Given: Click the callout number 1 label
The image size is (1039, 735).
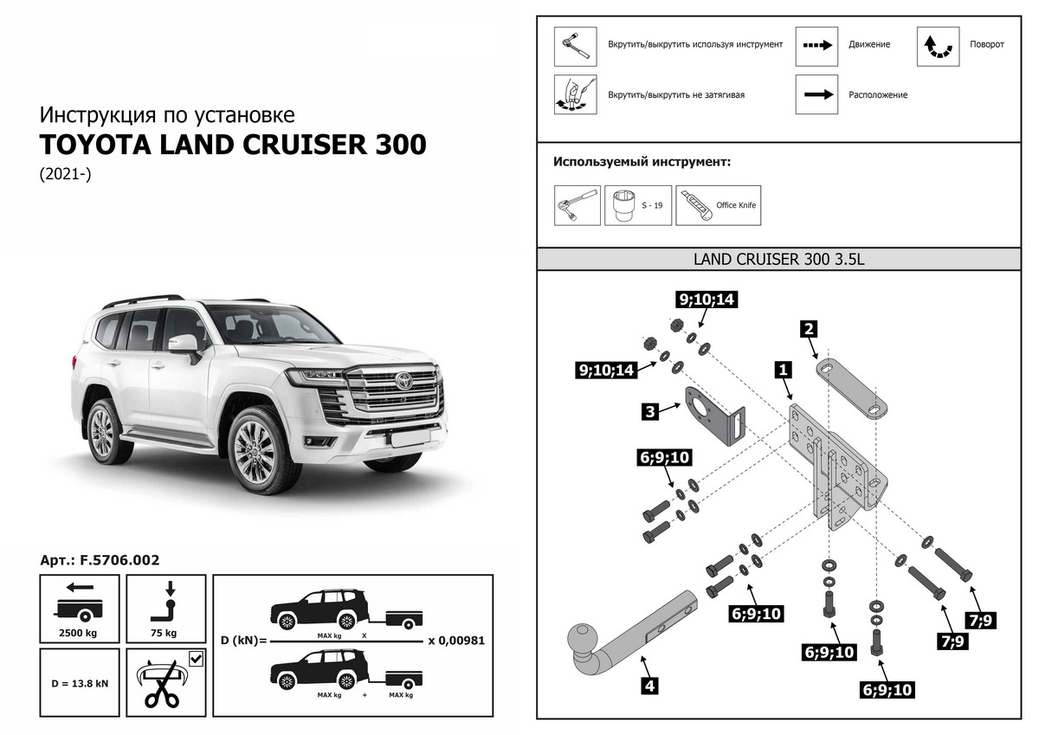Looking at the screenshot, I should [x=783, y=370].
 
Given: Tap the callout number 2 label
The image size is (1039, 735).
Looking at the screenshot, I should [x=808, y=328].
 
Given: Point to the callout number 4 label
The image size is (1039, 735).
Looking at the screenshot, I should [x=649, y=687].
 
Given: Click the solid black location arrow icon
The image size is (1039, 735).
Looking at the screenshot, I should [x=816, y=94].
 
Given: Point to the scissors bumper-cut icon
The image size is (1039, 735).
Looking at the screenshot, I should [x=165, y=683].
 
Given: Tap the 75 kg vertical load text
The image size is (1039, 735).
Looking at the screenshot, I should [x=165, y=633].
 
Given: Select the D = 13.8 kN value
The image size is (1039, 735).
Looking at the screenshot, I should [x=79, y=683].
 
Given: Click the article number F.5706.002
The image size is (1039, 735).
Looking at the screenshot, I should [x=119, y=560].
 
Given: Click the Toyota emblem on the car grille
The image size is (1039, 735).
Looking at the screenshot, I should [x=402, y=380].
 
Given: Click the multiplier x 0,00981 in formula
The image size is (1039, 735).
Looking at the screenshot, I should [x=455, y=642].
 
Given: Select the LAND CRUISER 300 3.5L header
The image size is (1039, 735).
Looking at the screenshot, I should [x=780, y=259].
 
